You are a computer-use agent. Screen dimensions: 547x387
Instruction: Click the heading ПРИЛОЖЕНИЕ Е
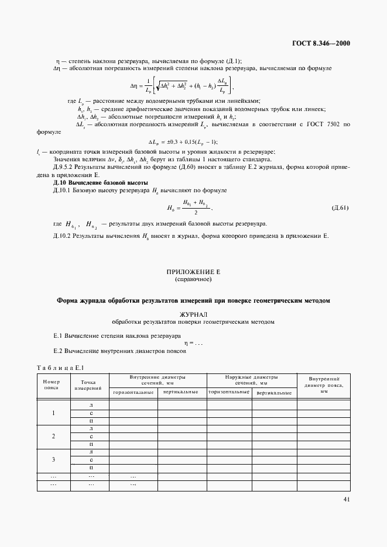point(193,272)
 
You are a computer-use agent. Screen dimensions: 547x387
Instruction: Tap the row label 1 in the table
point(53,413)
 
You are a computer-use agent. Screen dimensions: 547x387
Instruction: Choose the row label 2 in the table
point(53,436)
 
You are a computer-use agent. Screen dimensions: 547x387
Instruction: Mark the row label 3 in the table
point(53,459)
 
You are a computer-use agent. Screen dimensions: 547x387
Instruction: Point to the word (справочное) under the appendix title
point(193,280)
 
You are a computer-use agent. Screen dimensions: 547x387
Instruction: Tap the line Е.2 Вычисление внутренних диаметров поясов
point(119,351)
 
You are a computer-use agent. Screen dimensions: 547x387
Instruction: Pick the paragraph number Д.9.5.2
point(64,167)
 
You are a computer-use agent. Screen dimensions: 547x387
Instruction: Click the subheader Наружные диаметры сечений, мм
point(252,380)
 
